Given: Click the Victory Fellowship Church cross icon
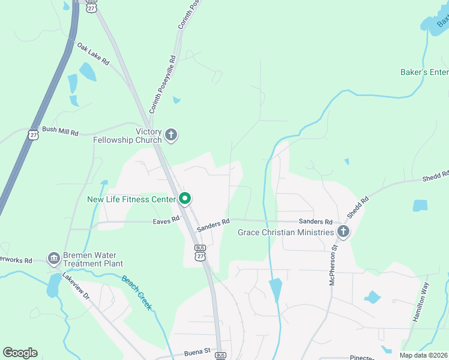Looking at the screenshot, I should [171, 135].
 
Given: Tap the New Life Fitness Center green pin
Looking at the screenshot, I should [185, 199].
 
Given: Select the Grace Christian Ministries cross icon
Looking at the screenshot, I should [343, 232].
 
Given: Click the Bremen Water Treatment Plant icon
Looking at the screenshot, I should [53, 259].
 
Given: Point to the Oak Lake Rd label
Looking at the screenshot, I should [93, 54].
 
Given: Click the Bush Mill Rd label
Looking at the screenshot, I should [60, 132].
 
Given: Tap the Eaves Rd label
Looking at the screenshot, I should [166, 220].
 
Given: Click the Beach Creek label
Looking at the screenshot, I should [137, 293].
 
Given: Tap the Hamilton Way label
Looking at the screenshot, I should [421, 303].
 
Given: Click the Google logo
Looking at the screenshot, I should [20, 353].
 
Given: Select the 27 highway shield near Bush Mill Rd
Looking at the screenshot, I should [33, 134].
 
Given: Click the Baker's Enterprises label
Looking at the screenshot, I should [424, 73].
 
